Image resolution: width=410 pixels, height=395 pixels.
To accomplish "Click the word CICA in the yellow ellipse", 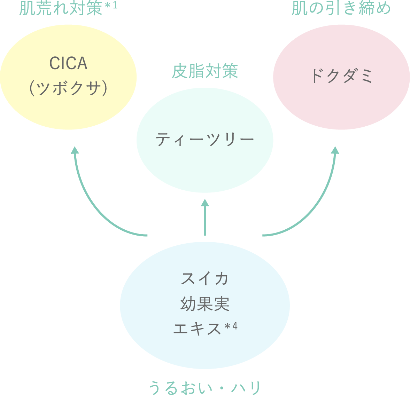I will (x=68, y=63).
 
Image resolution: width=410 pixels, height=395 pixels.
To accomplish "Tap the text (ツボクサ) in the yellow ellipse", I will (x=68, y=88).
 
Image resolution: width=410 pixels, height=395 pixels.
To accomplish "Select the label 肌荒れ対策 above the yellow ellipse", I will (x=61, y=8).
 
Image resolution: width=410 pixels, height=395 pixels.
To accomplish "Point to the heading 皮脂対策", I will (x=205, y=71).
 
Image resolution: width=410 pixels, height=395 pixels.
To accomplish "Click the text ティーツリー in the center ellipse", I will (x=205, y=140).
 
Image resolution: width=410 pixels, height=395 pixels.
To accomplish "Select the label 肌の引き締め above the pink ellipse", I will (x=341, y=8).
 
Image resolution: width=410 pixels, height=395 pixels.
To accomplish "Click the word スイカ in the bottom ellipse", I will (x=205, y=278).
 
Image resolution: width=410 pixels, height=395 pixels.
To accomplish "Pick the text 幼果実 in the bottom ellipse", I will (x=205, y=304).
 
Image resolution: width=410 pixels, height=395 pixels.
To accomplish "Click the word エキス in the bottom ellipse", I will (x=197, y=329).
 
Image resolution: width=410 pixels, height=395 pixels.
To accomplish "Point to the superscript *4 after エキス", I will (x=231, y=327).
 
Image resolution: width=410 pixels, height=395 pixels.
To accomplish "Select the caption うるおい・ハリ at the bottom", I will (x=205, y=387).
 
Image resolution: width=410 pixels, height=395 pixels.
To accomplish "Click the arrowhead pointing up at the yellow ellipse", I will (x=75, y=150).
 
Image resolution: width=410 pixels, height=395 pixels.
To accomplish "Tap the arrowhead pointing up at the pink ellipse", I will (x=335, y=150).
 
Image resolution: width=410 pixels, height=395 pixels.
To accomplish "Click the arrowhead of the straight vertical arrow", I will (x=205, y=203).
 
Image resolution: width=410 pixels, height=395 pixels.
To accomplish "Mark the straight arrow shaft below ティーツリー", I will (x=205, y=221).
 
